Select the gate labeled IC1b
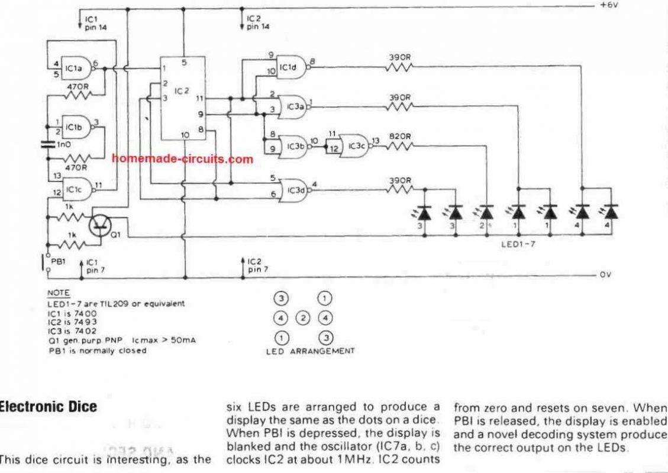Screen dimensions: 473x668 76,128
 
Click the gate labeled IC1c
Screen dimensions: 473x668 76,190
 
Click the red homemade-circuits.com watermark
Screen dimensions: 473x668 186,159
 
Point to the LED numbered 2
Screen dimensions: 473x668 486,212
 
